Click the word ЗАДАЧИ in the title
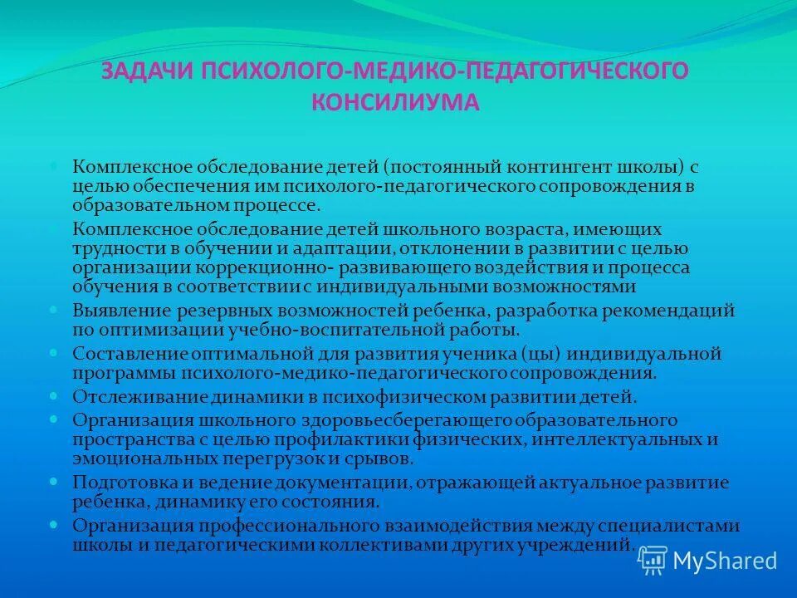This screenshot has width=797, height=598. pos(146,71)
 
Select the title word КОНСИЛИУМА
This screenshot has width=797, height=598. pos(395,102)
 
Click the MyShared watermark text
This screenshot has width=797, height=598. pos(725,561)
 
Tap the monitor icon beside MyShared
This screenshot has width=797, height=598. pos(653,561)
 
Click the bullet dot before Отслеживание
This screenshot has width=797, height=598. pos(54,395)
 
